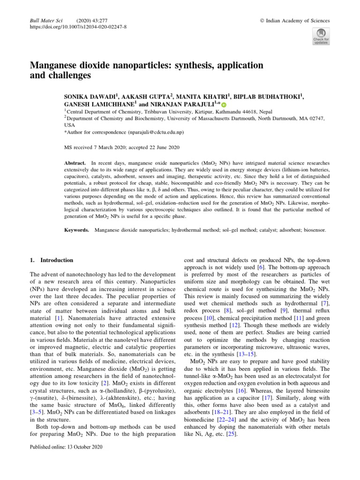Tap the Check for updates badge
coord(321,37)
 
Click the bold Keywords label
coord(77,231)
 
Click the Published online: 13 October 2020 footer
coord(66,446)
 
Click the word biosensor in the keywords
coord(313,231)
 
